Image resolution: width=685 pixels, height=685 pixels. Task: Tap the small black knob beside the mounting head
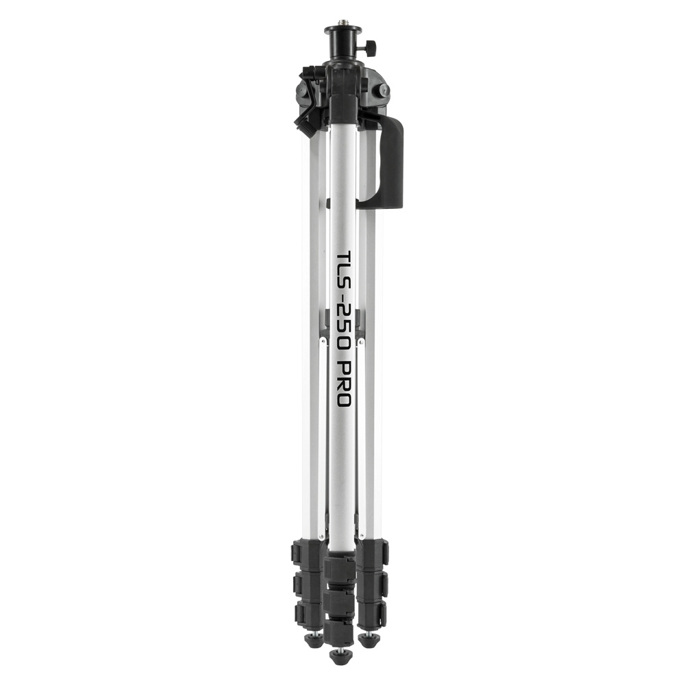click(371, 49)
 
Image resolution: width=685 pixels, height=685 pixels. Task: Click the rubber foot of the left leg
click(314, 640)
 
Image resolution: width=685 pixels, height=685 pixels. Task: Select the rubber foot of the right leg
click(368, 640)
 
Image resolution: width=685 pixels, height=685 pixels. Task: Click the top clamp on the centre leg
click(340, 568)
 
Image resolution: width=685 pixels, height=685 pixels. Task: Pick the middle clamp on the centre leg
click(340, 601)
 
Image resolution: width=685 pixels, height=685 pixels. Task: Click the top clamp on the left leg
click(306, 552)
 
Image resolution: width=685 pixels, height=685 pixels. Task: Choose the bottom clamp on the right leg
click(374, 613)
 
